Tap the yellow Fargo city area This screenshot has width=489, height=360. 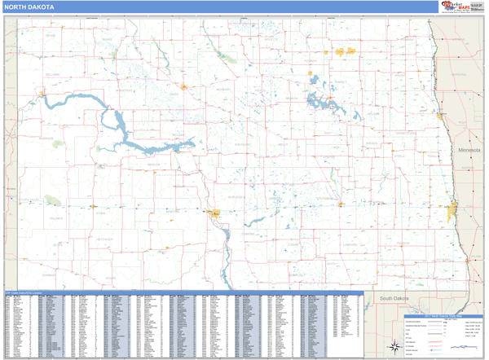pyautogui.click(x=452, y=215)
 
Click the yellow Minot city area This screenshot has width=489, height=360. pyautogui.click(x=185, y=86)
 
